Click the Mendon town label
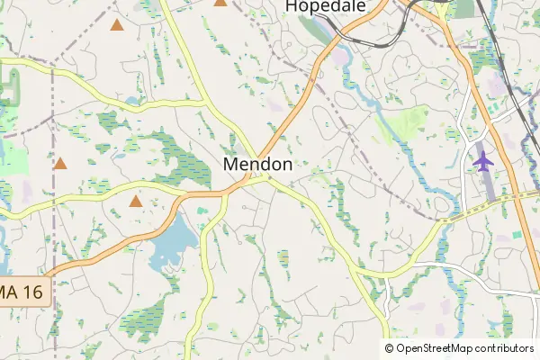257,165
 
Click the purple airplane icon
484,161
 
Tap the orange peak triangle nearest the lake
136,202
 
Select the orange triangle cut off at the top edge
220,3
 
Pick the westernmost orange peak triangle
60,164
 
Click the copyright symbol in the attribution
389,348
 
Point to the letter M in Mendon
229,165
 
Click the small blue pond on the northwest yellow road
135,101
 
